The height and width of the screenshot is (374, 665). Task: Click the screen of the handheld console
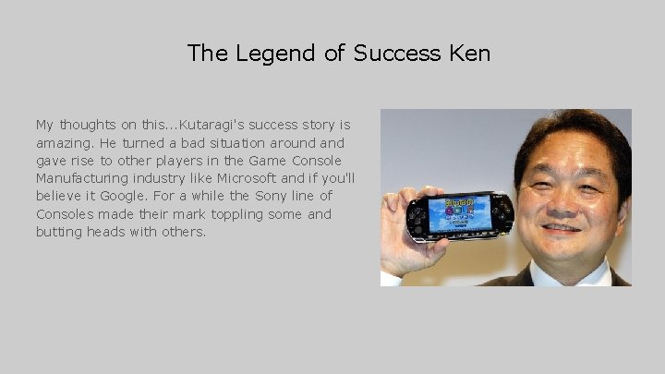[x=458, y=213]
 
